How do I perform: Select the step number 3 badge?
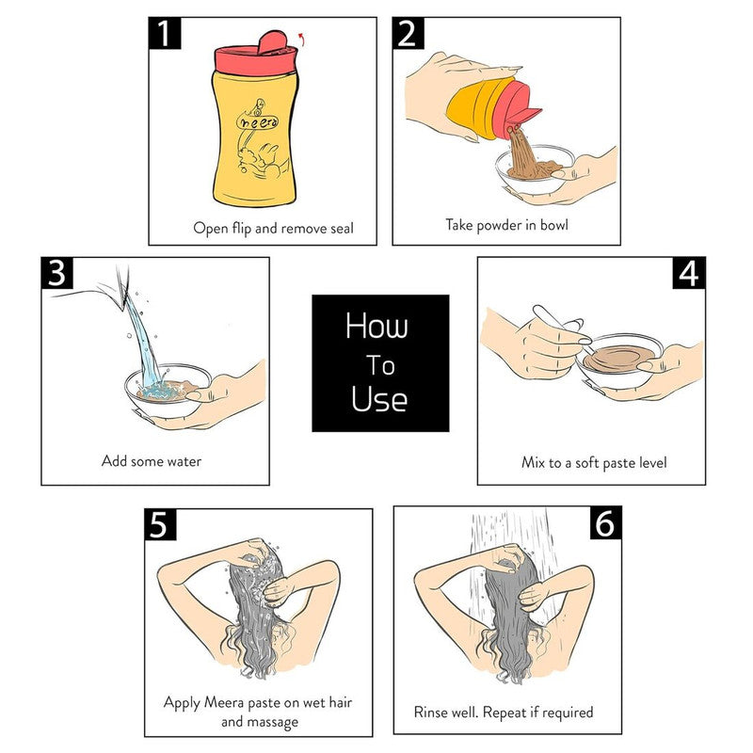tap(57, 274)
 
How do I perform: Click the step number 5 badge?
tap(160, 524)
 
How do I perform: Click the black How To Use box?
tap(380, 362)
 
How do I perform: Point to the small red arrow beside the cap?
tap(300, 39)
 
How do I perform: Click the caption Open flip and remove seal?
tap(273, 228)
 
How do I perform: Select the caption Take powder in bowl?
tap(506, 225)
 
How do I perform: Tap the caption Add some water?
tap(152, 461)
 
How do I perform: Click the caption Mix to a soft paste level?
tap(595, 462)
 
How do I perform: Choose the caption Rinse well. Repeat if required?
tap(504, 712)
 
